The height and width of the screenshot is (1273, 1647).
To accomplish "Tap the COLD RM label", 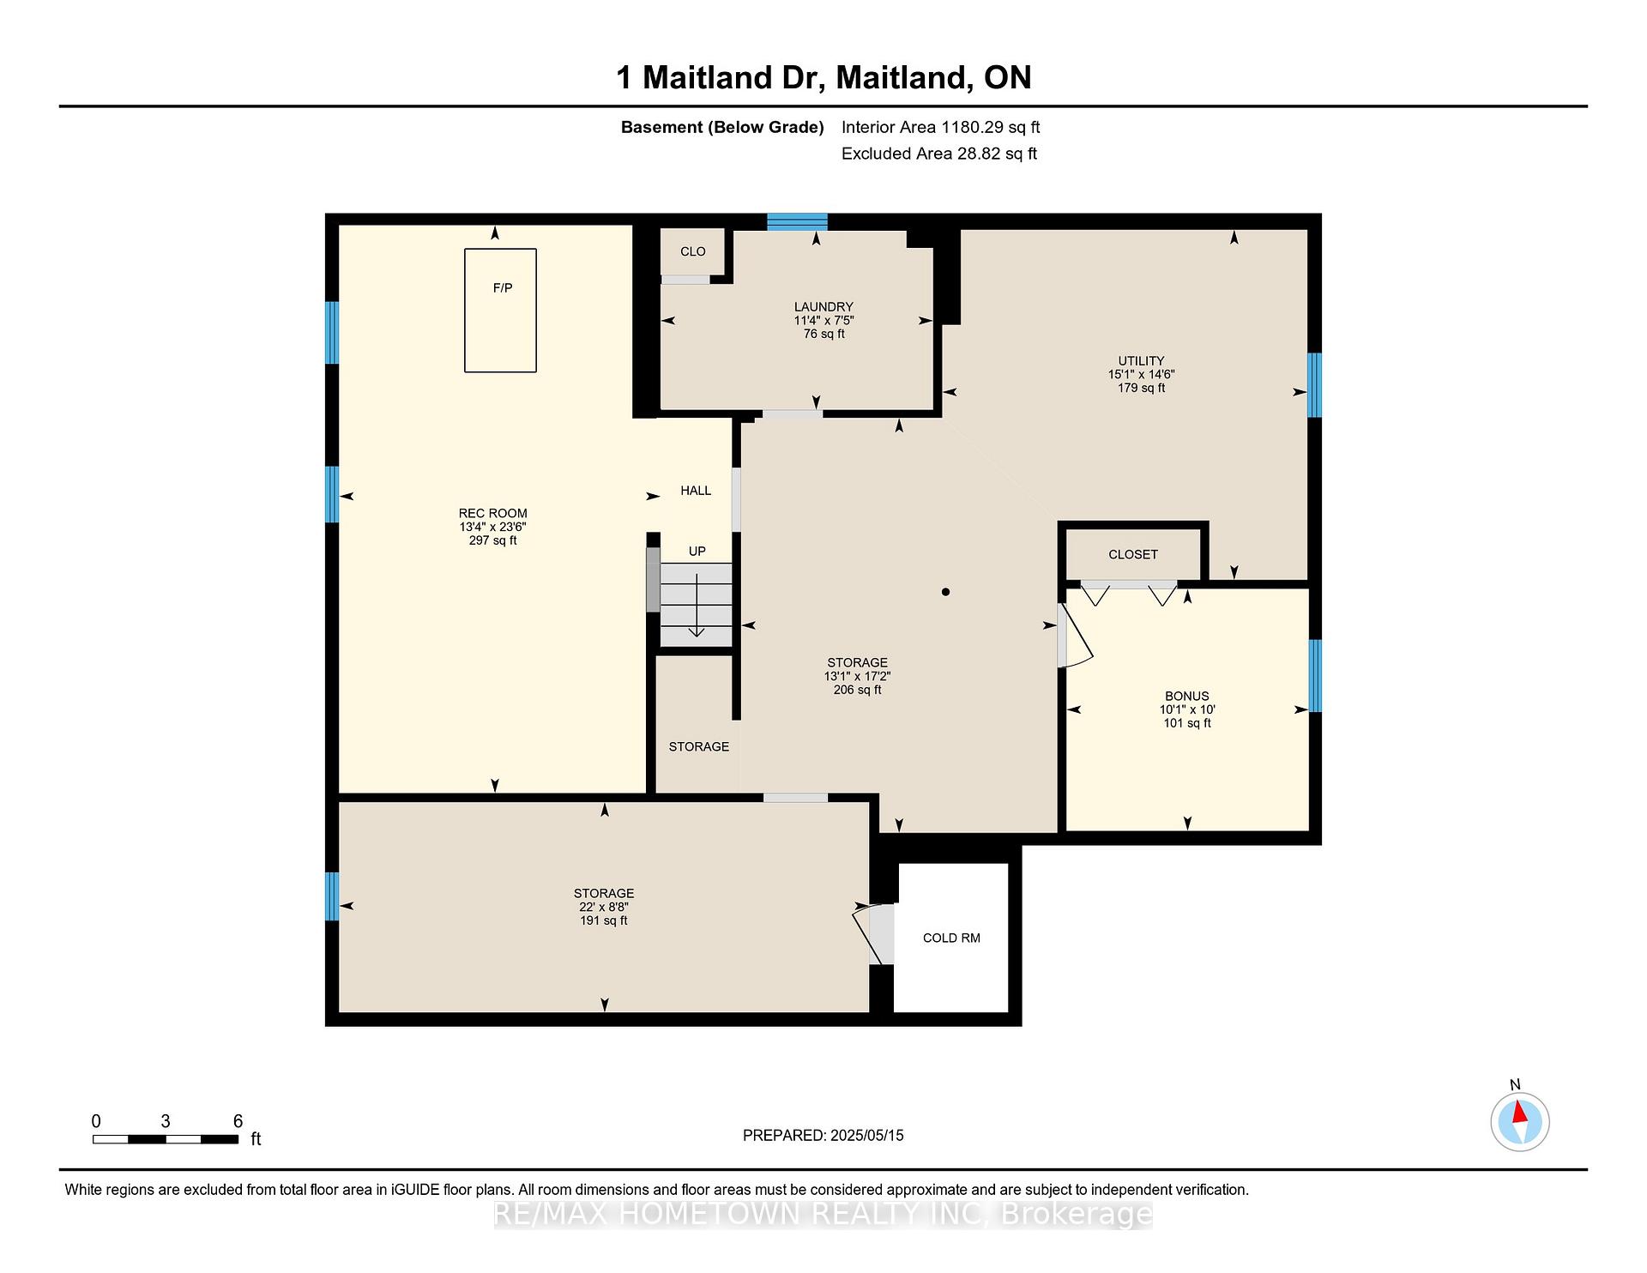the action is (x=951, y=938).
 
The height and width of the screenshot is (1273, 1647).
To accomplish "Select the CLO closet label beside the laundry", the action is (x=693, y=251).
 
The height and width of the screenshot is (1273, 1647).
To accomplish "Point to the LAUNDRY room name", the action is (x=823, y=306).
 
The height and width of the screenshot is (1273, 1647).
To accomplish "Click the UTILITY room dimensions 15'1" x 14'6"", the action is (x=1141, y=374).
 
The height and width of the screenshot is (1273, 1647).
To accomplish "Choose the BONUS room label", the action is (x=1187, y=696).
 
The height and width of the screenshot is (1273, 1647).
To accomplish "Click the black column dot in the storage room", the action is (x=945, y=592).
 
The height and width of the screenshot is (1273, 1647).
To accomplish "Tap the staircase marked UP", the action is (x=696, y=605).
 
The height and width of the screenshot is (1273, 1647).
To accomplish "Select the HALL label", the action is (x=696, y=491).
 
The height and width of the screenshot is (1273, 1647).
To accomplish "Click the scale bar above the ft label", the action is (x=166, y=1139).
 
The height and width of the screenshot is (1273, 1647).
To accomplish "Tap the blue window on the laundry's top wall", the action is (x=797, y=221).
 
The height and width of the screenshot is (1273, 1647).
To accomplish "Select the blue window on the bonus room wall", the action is (x=1315, y=676).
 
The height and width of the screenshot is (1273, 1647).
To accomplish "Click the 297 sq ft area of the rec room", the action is (x=493, y=540).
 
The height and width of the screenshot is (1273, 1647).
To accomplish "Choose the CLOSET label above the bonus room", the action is (x=1133, y=554).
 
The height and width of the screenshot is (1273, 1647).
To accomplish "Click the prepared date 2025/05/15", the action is (x=867, y=1135).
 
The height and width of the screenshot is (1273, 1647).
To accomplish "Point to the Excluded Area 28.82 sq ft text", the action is (x=939, y=154).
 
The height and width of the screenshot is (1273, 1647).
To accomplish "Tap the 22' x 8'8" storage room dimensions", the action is (x=604, y=907).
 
